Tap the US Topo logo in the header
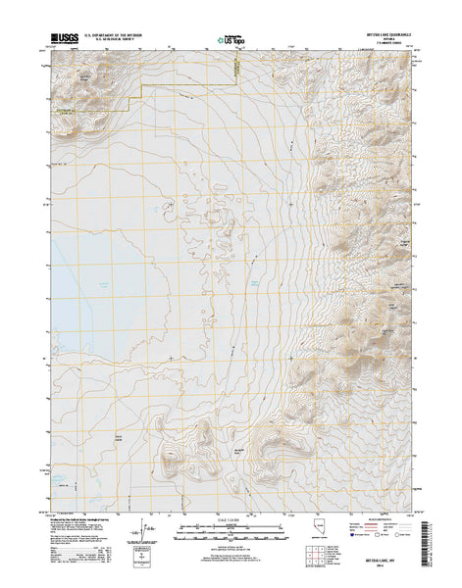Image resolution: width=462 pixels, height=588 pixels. click(x=224, y=42)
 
